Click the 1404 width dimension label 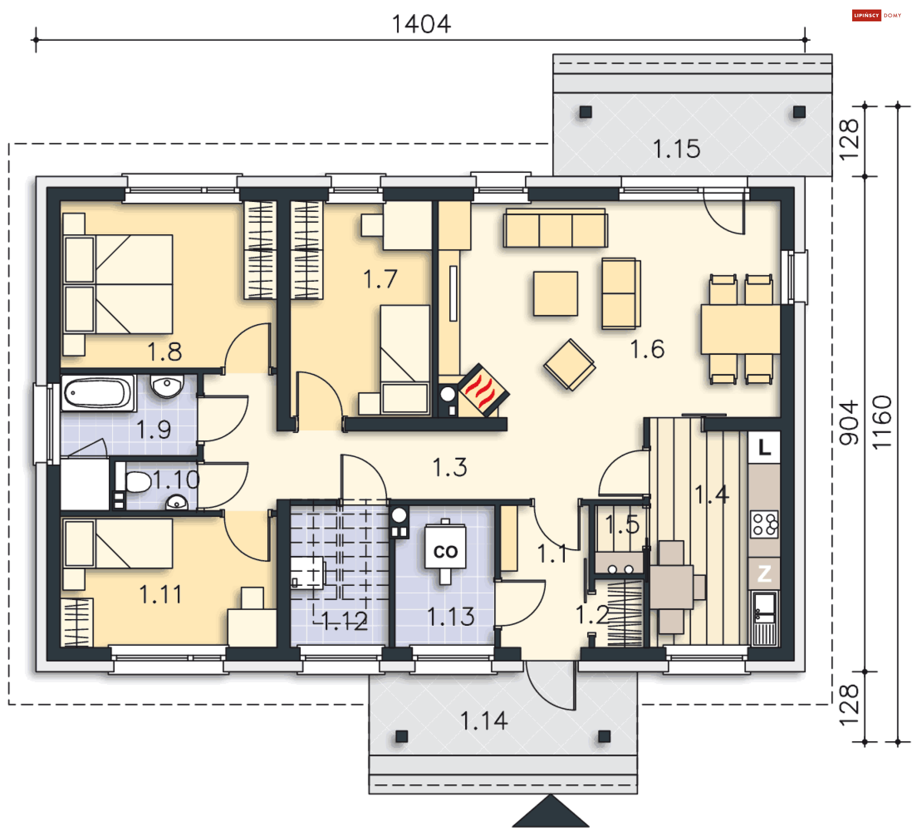pos(421,24)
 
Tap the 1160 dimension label pos(882,422)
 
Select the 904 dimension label pos(849,423)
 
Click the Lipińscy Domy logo pos(876,15)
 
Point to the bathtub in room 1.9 pos(98,392)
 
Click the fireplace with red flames pos(484,390)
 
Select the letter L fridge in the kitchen pos(764,447)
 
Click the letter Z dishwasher pos(764,573)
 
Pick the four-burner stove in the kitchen pos(764,524)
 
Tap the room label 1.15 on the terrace pos(676,149)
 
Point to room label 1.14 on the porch pos(484,720)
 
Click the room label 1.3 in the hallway pos(450,467)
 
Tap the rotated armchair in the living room pos(570,365)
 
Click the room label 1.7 pos(380,279)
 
